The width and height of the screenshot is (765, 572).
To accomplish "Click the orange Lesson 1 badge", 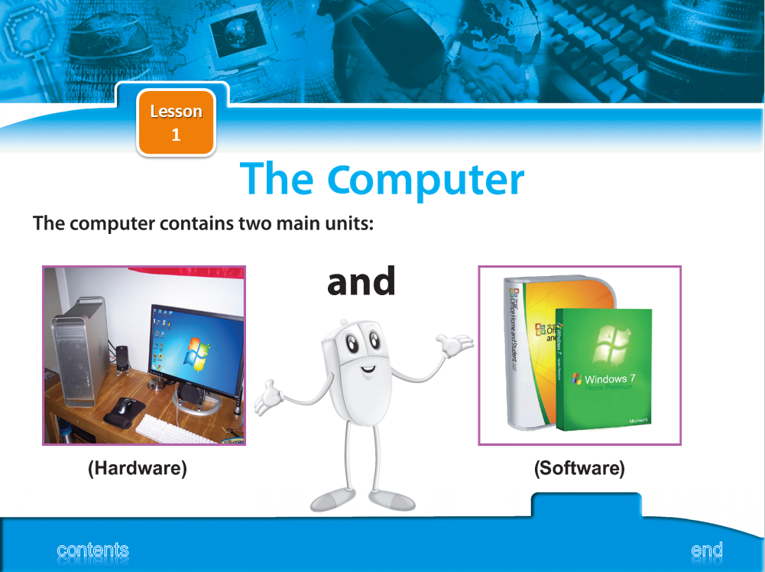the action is [x=176, y=122].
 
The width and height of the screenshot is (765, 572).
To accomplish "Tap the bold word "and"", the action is [x=361, y=281].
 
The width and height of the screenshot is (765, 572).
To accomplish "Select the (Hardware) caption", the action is [x=138, y=468].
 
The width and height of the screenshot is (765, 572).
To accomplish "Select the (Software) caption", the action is [x=579, y=468].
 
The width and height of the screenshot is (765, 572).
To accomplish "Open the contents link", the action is [x=92, y=550].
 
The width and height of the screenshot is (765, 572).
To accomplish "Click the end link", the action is [x=707, y=550].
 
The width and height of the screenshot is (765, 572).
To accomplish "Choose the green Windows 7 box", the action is [x=604, y=369].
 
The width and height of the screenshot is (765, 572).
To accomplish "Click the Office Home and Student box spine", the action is [x=514, y=352].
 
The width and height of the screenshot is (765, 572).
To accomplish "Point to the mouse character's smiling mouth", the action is [x=368, y=369].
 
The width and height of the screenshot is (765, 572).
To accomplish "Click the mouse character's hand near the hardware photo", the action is [x=268, y=396].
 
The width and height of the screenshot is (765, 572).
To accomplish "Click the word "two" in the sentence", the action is [x=256, y=223].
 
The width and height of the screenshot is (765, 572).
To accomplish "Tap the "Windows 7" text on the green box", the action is [x=610, y=379].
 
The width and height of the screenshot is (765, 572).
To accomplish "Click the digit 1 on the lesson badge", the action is [x=176, y=135].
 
